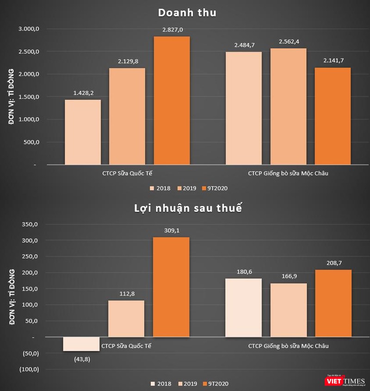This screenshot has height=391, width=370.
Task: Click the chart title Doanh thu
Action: coord(186,13)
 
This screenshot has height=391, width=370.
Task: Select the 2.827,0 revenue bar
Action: coord(172,100)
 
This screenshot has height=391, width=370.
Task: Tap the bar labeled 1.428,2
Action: coord(83,132)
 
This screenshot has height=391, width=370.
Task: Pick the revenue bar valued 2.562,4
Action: coord(289,106)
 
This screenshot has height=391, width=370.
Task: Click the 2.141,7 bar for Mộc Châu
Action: coord(333,116)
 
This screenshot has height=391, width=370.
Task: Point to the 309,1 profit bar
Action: coord(172,287)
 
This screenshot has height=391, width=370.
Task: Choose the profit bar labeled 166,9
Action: coord(289,310)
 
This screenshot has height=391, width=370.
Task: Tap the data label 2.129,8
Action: coord(127,61)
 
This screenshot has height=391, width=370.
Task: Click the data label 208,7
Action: coord(333,263)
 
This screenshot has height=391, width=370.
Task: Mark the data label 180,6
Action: coord(243,271)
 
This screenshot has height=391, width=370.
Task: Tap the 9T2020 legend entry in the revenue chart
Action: coord(215,188)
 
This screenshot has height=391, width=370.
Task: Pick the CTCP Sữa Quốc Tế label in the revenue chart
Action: coord(127,173)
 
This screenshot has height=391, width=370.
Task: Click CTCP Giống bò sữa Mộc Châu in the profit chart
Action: coord(289,346)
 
